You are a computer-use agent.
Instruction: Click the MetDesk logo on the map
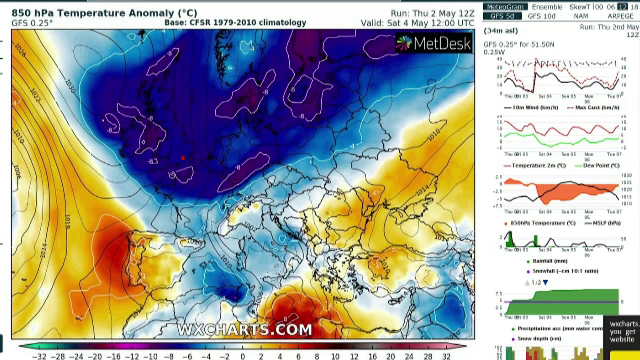pos(433,43)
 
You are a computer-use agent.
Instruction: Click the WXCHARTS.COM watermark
pos(245,329)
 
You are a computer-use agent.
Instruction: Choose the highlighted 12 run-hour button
pos(620,7)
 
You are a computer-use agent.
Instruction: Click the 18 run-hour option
pos(632,7)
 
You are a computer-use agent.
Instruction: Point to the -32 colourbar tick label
pos(39,355)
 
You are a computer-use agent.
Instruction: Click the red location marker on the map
pos(183,157)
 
